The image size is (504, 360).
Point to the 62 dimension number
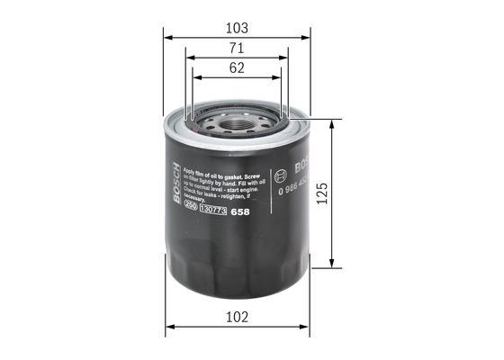coord(236,67)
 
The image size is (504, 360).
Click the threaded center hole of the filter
coord(237,117)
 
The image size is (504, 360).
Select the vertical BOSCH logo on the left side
coord(176,181)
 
